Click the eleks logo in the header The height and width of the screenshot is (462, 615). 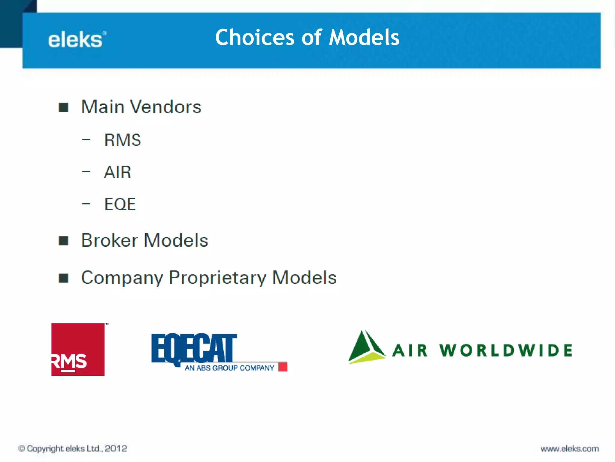click(x=77, y=40)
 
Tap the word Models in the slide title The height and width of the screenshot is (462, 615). click(x=364, y=37)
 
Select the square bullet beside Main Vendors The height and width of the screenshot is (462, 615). click(x=63, y=107)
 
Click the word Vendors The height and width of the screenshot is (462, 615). click(x=165, y=107)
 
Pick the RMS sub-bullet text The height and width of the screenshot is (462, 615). click(x=123, y=140)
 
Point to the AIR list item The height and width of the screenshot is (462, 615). click(x=117, y=172)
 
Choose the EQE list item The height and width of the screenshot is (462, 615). click(x=120, y=204)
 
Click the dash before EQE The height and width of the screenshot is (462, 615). click(x=86, y=204)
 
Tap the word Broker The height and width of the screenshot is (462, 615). click(x=109, y=240)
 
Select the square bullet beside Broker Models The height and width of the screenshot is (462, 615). click(x=63, y=241)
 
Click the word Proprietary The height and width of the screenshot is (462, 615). click(x=217, y=277)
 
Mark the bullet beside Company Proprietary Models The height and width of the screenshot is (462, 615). click(x=63, y=278)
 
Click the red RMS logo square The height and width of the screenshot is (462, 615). click(x=78, y=349)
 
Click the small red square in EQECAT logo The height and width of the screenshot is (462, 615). click(x=283, y=367)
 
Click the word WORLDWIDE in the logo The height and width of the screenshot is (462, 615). click(x=506, y=350)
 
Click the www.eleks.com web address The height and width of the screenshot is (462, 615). click(x=570, y=449)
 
